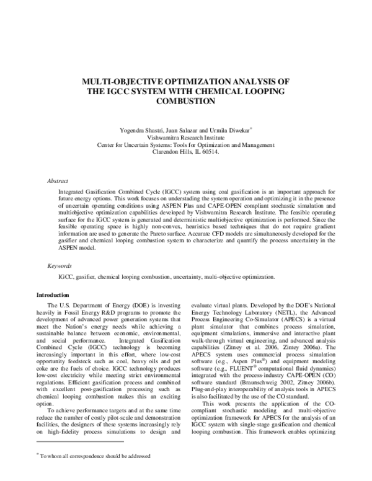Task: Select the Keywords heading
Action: coord(59,265)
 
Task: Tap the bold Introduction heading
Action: coord(53,294)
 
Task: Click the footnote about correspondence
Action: coord(96,472)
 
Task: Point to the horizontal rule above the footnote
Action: coord(81,459)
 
